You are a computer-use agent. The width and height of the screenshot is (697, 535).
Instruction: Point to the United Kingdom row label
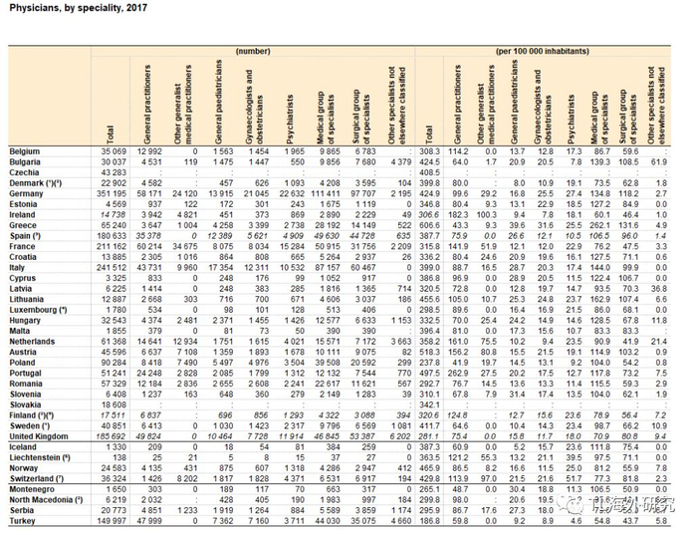pos(39,436)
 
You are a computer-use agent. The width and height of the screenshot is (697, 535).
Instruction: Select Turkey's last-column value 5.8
pos(659,520)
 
